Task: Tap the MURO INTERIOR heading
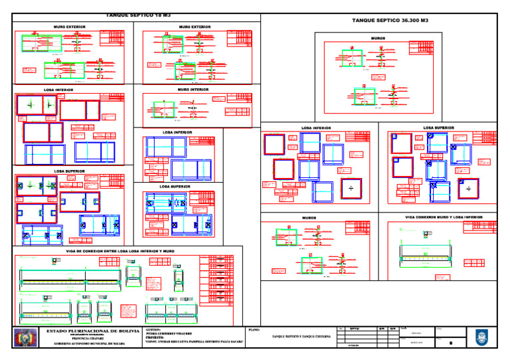tap(193, 89)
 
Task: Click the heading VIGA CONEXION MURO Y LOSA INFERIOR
tap(444, 217)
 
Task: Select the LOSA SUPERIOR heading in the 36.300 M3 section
tap(438, 127)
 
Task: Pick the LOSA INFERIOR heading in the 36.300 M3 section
tap(317, 128)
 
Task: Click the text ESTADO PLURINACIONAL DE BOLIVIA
tap(92, 330)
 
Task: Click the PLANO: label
tap(253, 329)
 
